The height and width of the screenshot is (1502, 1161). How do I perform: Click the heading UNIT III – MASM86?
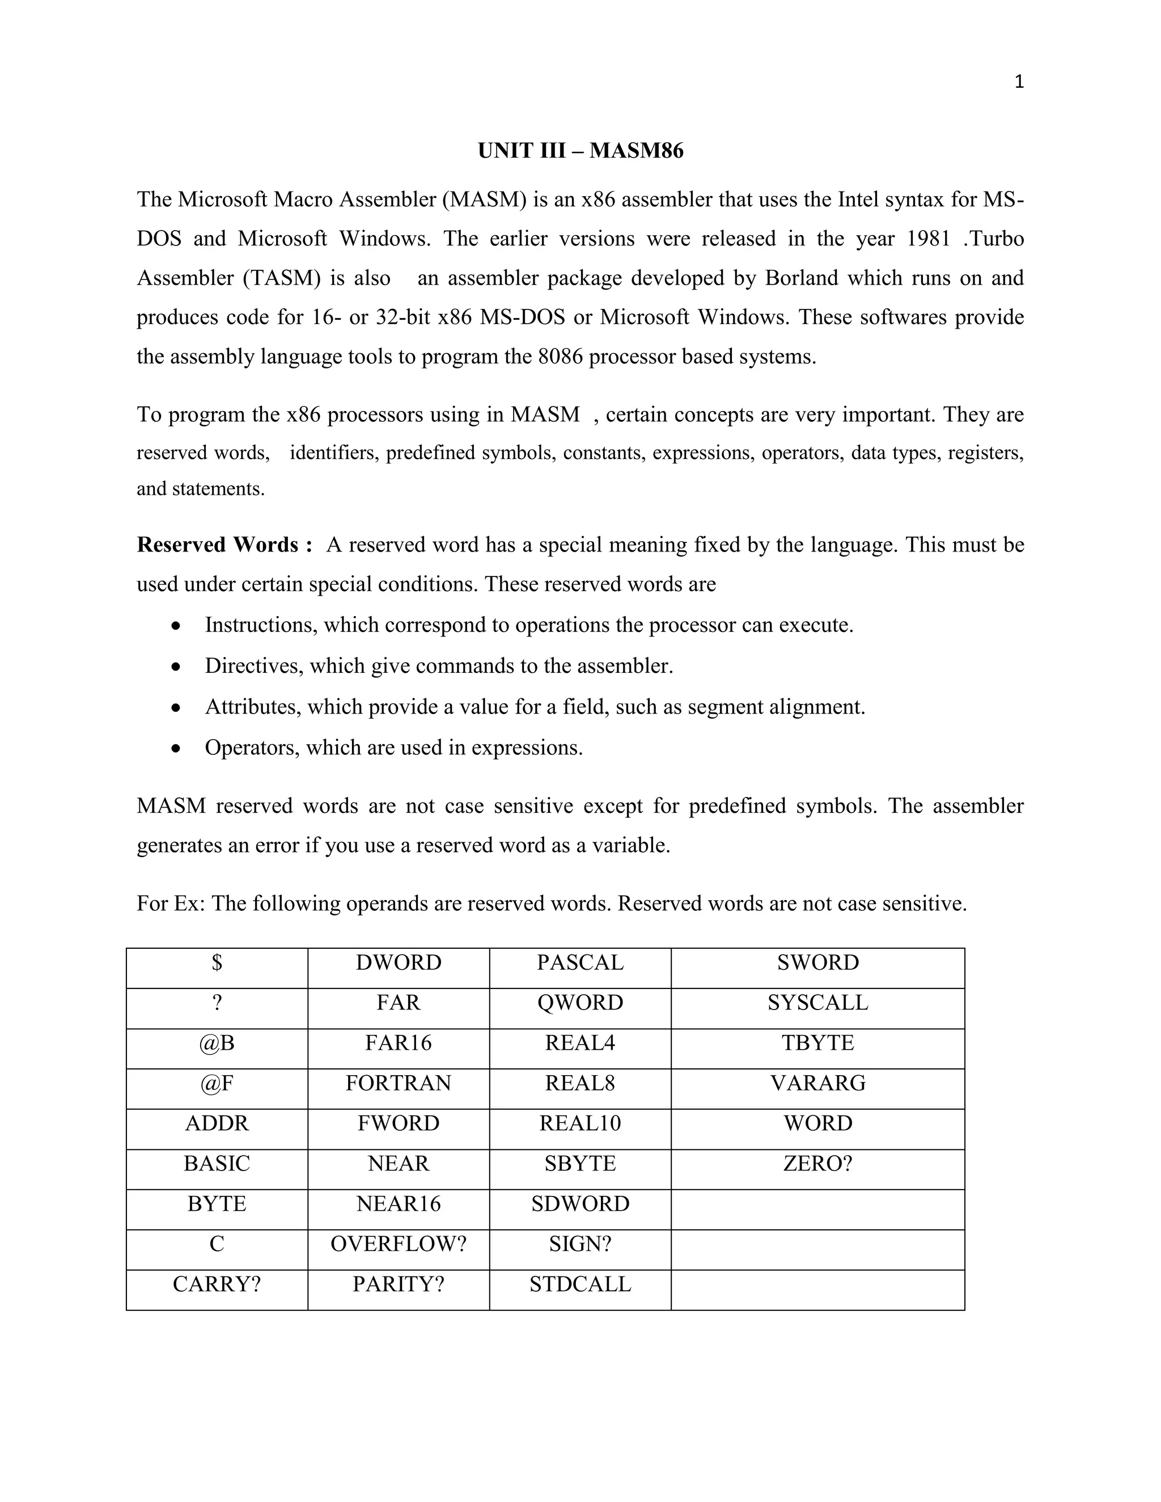580,151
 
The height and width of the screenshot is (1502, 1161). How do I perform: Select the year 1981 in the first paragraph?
928,239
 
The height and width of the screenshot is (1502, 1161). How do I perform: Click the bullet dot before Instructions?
177,626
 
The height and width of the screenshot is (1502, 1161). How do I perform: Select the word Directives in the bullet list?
254,666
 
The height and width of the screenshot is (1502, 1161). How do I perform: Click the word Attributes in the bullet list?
252,706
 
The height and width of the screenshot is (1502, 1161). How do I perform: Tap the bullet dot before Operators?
177,748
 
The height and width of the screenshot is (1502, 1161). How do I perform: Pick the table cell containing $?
217,962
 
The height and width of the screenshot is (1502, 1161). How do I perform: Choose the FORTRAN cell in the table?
398,1083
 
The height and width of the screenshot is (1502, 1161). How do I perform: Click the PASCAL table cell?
580,962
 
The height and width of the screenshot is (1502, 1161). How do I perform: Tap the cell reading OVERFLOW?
398,1244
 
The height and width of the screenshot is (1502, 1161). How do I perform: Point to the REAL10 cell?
580,1123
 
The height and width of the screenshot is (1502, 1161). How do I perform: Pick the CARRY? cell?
217,1284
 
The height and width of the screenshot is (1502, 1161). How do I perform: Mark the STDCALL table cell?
580,1284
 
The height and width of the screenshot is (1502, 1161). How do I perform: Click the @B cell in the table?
217,1042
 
